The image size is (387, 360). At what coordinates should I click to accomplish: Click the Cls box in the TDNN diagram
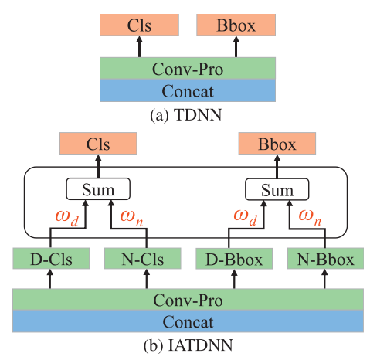[x=140, y=24]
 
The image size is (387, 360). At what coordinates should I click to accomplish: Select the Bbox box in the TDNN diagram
[x=236, y=24]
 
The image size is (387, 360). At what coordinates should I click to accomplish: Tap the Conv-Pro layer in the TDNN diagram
[x=188, y=69]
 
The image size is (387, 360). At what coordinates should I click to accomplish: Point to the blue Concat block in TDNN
[x=188, y=91]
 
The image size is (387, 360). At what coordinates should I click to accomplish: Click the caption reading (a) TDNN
[x=188, y=113]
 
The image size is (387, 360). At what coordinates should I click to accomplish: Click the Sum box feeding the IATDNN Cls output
[x=98, y=189]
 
